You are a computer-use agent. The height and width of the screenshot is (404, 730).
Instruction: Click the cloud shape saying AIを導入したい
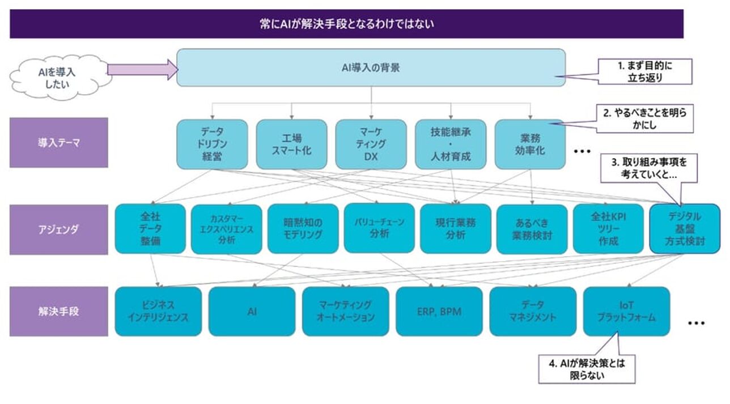point(57,77)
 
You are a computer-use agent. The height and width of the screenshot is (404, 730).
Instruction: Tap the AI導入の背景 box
point(371,67)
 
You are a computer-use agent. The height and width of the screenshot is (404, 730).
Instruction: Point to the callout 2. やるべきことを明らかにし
point(645,119)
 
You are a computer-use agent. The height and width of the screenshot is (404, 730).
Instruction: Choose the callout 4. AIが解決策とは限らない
point(587,369)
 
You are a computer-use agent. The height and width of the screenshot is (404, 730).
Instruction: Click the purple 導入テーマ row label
point(59,142)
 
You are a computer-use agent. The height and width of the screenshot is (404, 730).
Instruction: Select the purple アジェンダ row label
point(59,229)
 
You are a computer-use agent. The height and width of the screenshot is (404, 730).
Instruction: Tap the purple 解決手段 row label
point(59,311)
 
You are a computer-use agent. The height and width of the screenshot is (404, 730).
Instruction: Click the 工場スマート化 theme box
point(291,144)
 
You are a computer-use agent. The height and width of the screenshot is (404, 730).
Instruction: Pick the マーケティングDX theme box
point(371,144)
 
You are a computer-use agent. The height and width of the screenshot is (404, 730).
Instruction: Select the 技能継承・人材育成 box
point(451,144)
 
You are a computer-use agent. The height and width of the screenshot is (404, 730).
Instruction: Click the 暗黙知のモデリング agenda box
point(303,228)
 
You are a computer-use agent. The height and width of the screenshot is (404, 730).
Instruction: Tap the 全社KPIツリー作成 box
point(608,228)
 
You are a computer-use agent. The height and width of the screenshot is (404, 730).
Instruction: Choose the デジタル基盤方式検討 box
point(685,228)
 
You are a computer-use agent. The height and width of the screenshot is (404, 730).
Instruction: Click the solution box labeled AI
point(252,311)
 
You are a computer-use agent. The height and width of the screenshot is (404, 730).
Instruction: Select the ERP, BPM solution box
point(439,311)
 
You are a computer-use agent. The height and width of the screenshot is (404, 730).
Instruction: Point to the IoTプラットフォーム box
point(626,311)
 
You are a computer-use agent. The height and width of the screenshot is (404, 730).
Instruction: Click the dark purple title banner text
point(346,24)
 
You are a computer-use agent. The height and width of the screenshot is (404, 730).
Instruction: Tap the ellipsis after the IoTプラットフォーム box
point(696,323)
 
